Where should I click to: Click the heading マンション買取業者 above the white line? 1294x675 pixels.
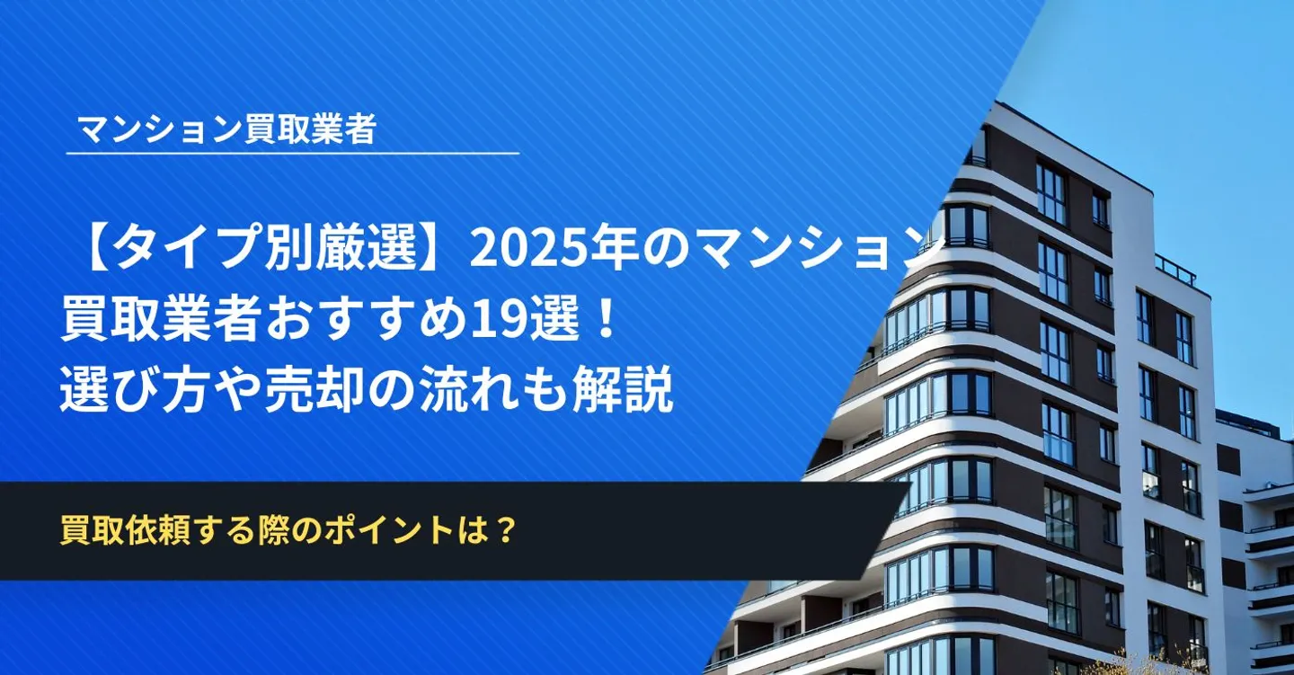[227, 129]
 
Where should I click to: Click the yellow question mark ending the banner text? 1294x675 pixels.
[504, 530]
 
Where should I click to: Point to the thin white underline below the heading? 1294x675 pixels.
[293, 154]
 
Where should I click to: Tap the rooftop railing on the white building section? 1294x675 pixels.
[1175, 270]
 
